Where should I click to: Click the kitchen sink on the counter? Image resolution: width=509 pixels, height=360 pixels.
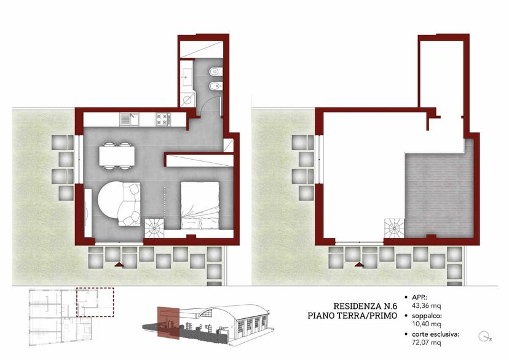click(129, 119)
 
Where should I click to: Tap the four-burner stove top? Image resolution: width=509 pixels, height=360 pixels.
click(163, 119)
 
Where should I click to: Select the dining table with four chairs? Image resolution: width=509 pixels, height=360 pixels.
click(117, 155)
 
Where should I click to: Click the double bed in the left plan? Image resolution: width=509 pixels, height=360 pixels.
click(200, 206)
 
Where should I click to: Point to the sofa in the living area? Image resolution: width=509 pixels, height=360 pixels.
click(129, 204)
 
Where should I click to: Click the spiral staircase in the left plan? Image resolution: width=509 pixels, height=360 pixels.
click(154, 229)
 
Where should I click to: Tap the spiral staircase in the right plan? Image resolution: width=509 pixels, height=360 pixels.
click(395, 229)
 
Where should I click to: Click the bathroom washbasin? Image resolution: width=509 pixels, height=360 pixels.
click(186, 75)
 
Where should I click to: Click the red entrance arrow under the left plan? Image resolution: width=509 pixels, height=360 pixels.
click(119, 264)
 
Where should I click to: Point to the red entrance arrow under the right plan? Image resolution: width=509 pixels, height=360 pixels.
click(359, 264)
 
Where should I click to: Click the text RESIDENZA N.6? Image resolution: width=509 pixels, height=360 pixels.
click(365, 306)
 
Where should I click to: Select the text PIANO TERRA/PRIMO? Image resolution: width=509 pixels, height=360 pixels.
click(352, 316)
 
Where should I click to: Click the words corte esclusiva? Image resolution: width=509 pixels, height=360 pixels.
click(435, 334)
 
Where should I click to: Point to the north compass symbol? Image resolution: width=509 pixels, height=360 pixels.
click(484, 336)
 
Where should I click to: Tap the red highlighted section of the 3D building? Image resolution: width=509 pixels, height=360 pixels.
click(168, 323)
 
